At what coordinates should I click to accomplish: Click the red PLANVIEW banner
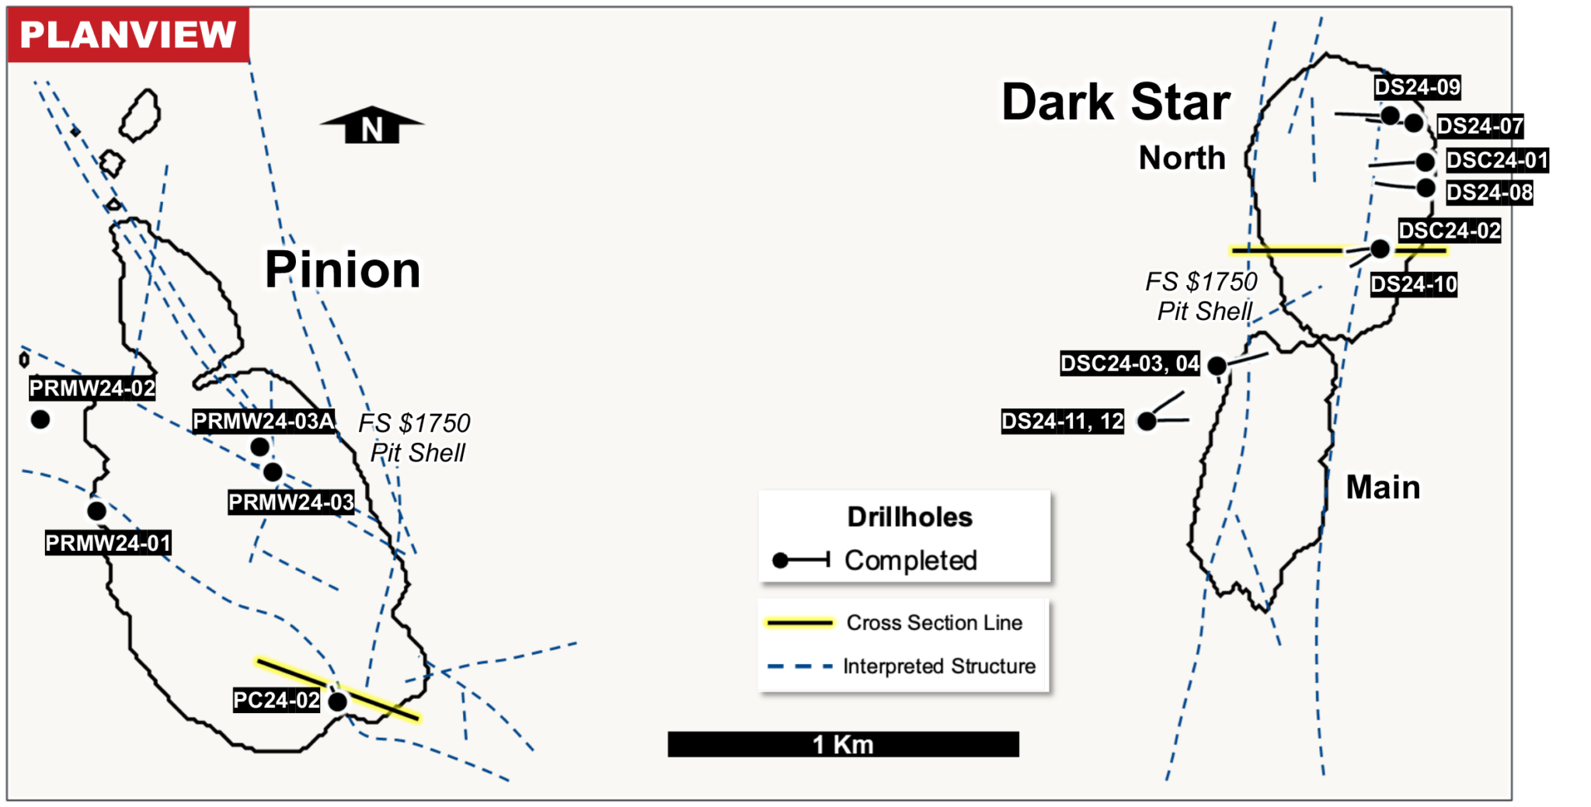(x=128, y=35)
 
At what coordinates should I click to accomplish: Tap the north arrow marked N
(x=372, y=127)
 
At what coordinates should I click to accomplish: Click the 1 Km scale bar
(x=843, y=744)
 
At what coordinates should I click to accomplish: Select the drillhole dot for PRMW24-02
(x=40, y=420)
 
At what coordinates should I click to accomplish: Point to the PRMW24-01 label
(x=108, y=543)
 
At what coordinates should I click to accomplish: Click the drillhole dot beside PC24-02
(x=338, y=702)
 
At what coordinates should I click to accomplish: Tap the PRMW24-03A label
(x=263, y=421)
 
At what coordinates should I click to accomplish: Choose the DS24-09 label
(x=1417, y=87)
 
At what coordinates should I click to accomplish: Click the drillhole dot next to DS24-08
(x=1426, y=187)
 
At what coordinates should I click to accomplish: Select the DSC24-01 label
(x=1497, y=160)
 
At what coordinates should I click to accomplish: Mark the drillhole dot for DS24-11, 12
(x=1147, y=421)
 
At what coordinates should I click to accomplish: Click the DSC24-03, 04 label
(x=1130, y=363)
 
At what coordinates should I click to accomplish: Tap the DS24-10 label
(x=1413, y=284)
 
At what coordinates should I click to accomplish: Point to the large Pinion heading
(x=343, y=270)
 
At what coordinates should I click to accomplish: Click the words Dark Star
(x=1116, y=103)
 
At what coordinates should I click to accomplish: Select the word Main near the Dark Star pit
(x=1383, y=487)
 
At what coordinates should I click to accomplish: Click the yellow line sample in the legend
(x=799, y=623)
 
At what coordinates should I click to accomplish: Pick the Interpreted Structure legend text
(x=939, y=666)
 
